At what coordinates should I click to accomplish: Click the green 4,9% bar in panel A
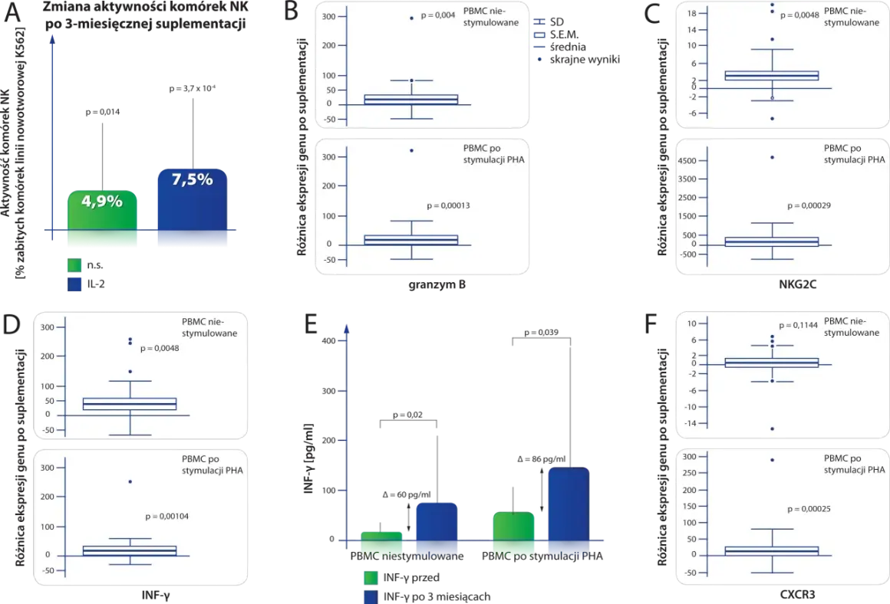[102, 211]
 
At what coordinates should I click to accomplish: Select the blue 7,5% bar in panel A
[193, 199]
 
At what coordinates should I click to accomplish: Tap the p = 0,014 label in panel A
[103, 112]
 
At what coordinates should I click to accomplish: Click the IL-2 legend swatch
[74, 284]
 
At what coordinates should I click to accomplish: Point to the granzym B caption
[437, 284]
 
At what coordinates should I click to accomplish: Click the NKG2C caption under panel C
[797, 284]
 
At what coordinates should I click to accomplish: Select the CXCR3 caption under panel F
[797, 595]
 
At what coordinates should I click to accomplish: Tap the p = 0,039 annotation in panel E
[541, 333]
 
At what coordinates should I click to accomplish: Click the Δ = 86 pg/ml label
[542, 459]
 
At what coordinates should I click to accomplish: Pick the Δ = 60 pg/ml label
[407, 494]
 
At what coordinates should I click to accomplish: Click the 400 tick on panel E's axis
[328, 341]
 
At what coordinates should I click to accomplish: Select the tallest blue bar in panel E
[569, 504]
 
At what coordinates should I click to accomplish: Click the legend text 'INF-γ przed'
[411, 577]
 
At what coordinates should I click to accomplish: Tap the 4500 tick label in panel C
[687, 160]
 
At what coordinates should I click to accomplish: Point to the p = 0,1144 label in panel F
[798, 326]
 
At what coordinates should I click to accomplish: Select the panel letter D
[12, 323]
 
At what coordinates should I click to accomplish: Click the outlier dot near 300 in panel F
[772, 460]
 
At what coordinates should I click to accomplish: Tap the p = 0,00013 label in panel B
[448, 205]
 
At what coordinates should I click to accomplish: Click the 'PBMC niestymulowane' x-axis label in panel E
[407, 556]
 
